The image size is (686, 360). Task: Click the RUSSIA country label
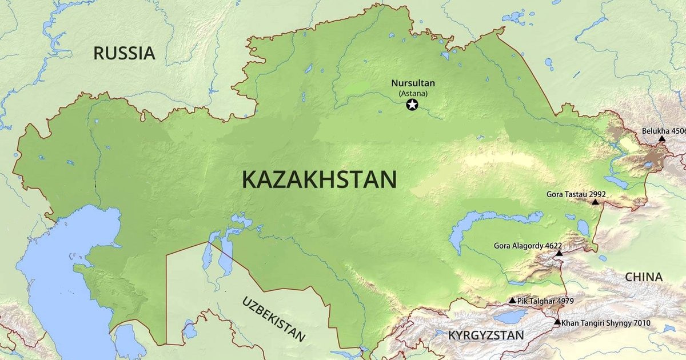click(124, 53)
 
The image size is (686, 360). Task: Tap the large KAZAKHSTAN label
click(319, 179)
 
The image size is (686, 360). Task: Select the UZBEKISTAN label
click(273, 318)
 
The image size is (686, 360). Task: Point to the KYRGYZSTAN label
click(485, 335)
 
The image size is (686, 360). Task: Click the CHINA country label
click(644, 277)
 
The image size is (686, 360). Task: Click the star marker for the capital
click(412, 105)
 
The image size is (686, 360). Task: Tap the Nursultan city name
click(413, 83)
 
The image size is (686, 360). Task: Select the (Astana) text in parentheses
click(413, 93)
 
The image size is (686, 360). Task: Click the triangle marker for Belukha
click(661, 139)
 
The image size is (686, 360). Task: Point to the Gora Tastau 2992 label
click(576, 194)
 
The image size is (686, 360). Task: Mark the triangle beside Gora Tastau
click(595, 202)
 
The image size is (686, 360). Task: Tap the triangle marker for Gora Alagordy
click(559, 253)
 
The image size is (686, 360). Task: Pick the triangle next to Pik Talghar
click(512, 301)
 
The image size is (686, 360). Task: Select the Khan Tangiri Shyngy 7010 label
click(606, 323)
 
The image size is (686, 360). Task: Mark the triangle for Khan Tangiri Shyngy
click(557, 322)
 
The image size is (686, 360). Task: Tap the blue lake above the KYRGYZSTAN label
click(510, 316)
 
